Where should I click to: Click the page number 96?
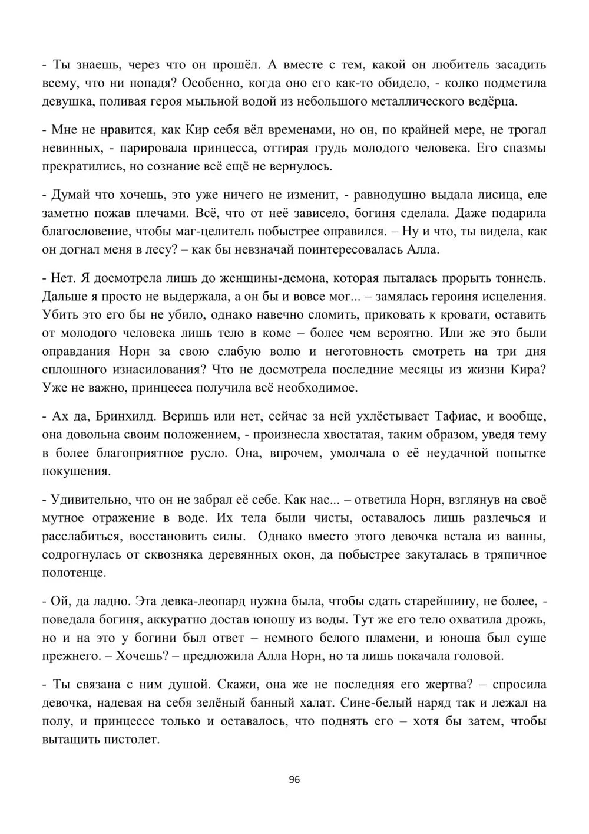tap(295, 780)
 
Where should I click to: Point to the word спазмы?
tap(523, 147)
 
